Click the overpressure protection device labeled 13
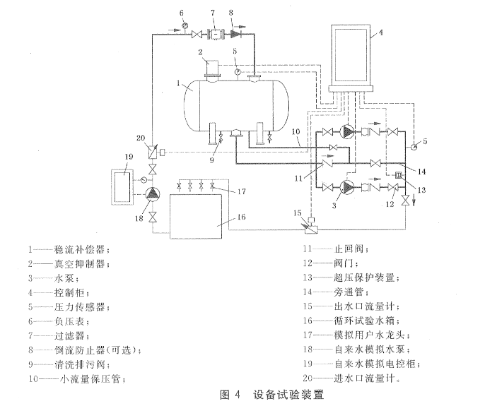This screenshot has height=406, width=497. [398, 175]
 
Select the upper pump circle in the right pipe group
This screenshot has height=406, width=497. [346, 132]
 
